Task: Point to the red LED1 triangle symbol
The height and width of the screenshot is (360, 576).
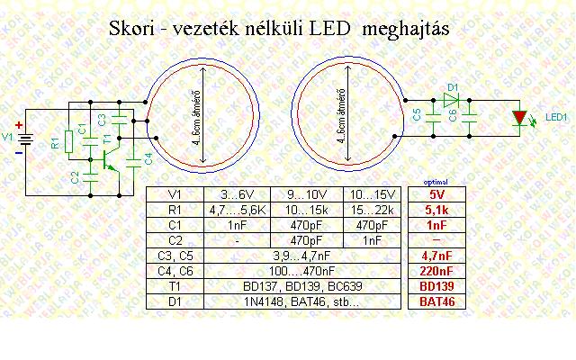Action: point(519,118)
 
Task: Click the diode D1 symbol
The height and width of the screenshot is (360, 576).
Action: point(452,99)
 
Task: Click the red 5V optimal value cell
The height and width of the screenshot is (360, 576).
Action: point(436,193)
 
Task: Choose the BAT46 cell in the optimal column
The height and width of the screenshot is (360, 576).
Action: point(436,301)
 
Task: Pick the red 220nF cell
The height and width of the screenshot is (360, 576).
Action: point(436,271)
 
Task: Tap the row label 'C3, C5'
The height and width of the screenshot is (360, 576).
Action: point(175,256)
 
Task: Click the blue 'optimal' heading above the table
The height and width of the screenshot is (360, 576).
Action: point(436,182)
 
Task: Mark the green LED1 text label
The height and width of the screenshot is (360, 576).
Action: point(553,118)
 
